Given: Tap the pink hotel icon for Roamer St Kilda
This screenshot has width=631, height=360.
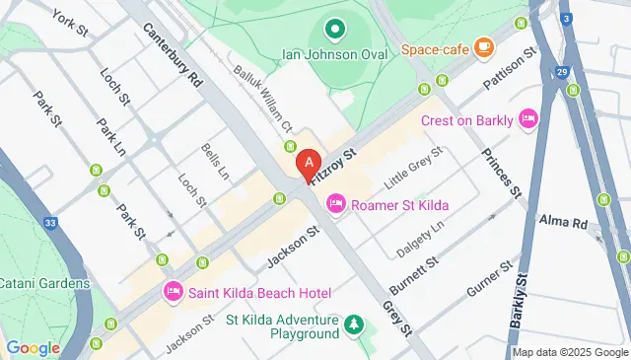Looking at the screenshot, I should tap(335, 204).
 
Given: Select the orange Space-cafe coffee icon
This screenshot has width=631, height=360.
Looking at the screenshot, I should tap(483, 46).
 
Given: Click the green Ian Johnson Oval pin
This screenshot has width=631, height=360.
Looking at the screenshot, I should tap(334, 30).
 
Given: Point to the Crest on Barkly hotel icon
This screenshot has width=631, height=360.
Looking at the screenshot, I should tap(527, 119).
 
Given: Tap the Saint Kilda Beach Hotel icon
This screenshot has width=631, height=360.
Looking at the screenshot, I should tap(174, 291).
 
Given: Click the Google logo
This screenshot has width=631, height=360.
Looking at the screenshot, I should tap(33, 347).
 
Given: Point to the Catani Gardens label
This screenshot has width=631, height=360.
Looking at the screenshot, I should tap(44, 283).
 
